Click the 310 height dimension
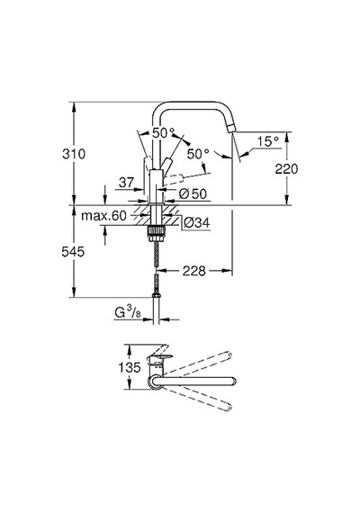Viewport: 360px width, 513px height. click(74, 154)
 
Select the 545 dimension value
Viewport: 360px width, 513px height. click(73, 252)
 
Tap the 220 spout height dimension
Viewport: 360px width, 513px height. click(286, 169)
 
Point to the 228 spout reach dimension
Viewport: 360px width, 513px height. click(194, 271)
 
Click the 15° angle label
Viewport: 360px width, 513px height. click(267, 141)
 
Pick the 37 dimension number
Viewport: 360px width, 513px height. click(126, 182)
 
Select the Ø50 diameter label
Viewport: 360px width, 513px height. click(193, 194)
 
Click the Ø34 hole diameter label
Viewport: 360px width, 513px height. click(196, 223)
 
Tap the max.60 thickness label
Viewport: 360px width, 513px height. click(103, 216)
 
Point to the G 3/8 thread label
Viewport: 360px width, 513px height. click(128, 313)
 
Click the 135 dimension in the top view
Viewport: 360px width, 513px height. click(130, 367)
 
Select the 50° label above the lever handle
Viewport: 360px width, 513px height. click(163, 132)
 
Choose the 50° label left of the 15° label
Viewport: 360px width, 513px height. click(198, 154)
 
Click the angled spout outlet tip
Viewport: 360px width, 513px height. click(231, 129)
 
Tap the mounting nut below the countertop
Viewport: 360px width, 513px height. click(156, 233)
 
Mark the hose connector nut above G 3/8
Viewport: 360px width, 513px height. click(157, 296)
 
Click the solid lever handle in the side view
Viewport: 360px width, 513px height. click(166, 164)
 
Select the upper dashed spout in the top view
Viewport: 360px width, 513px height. click(197, 364)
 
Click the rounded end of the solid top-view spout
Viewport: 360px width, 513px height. click(233, 382)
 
